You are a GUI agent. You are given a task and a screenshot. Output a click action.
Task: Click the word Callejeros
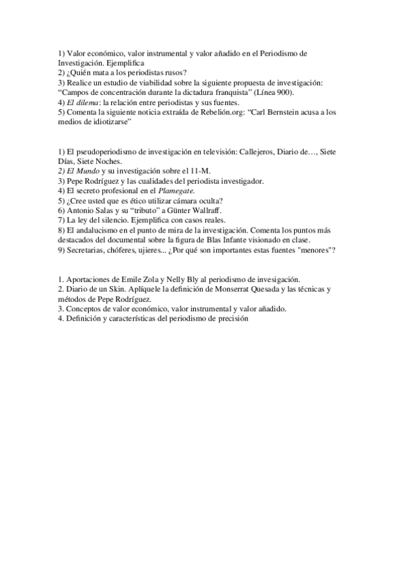point(264,152)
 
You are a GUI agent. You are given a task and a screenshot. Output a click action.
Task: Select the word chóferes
point(112,250)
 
